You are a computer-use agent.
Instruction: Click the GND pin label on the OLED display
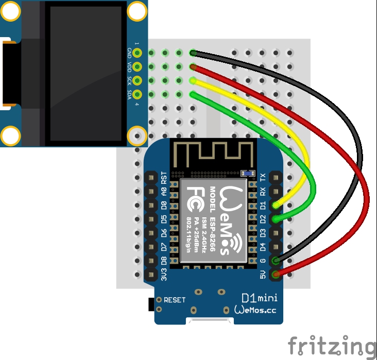[x=129, y=53]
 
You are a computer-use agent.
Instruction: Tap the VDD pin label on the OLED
[x=129, y=66]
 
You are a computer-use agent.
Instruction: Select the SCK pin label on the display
[x=129, y=80]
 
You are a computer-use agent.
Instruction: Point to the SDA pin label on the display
[x=129, y=94]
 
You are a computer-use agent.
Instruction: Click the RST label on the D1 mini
[x=164, y=178]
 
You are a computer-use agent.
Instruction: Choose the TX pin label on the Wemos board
[x=263, y=178]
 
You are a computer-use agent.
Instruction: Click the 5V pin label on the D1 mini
[x=263, y=275]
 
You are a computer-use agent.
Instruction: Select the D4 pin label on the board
[x=263, y=247]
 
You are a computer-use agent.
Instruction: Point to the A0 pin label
[x=164, y=192]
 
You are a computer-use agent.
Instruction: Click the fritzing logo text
[x=332, y=345]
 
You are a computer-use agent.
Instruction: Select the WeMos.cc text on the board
[x=256, y=310]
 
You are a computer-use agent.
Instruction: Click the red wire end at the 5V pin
[x=277, y=275]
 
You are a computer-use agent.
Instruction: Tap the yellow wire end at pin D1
[x=277, y=205]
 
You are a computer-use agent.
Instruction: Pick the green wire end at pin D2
[x=277, y=219]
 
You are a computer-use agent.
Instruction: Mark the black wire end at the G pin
[x=277, y=261]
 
